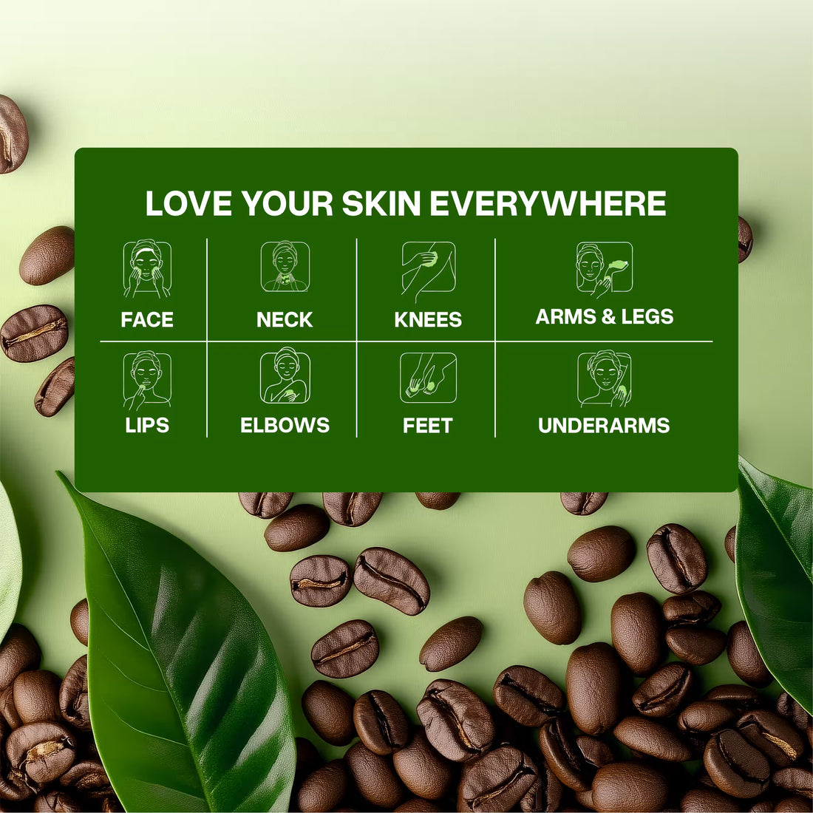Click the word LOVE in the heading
coord(188,204)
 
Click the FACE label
coord(147,320)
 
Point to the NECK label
coord(285,320)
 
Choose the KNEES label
coord(428,320)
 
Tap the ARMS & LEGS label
coord(605,317)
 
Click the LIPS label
coord(147,426)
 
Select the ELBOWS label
coord(285,426)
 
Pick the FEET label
coord(427,426)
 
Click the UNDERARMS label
coord(604,426)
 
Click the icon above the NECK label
coord(285,267)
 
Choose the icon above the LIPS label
coord(147,379)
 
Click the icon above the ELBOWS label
coord(285,377)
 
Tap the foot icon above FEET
coord(428,378)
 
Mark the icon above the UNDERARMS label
coord(605,378)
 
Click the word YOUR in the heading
coord(288,204)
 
